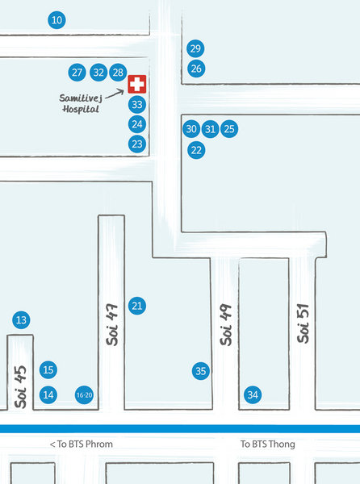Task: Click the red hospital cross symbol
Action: click(137, 84)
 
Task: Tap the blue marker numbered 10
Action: click(57, 20)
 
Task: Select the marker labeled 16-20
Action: click(84, 394)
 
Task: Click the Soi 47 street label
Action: click(112, 325)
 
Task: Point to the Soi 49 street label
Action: click(226, 325)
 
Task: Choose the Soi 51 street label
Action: click(303, 323)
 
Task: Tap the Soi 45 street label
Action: click(20, 386)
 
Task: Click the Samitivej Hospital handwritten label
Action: click(81, 103)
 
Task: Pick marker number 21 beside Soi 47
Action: click(137, 306)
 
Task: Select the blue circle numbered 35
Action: click(201, 371)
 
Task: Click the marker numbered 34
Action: click(253, 394)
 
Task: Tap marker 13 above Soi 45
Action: click(21, 320)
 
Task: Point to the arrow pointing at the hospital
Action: click(115, 94)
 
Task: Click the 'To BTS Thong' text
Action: click(268, 444)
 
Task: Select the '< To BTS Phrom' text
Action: click(82, 444)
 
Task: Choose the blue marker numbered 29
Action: click(195, 48)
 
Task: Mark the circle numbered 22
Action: click(196, 150)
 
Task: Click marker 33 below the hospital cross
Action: click(137, 105)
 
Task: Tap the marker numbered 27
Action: click(77, 73)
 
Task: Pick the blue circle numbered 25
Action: click(229, 129)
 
